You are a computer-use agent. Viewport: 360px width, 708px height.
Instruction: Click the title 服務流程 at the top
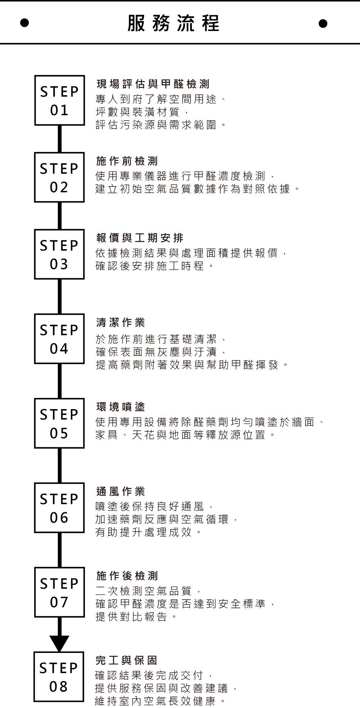pos(173,23)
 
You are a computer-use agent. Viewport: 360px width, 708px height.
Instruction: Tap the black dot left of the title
pos(24,23)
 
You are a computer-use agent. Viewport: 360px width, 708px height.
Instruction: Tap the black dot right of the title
pos(323,23)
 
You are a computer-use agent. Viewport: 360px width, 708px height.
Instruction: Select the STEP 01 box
pos(59,100)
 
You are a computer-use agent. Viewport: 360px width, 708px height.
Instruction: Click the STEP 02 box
pos(59,177)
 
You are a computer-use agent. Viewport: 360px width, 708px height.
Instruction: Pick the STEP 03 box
pos(59,254)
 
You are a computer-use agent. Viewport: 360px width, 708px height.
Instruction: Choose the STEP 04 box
pos(59,339)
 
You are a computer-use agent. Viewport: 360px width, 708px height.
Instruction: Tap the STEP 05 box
pos(59,423)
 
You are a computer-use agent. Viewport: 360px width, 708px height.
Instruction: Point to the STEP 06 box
pos(59,508)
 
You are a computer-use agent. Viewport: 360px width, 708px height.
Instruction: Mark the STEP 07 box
pos(59,592)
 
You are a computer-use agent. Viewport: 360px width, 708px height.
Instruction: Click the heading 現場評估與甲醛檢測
pos(153,84)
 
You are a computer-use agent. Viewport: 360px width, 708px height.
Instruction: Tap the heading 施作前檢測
pos(127,161)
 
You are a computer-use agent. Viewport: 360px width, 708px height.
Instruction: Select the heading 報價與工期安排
pos(140,238)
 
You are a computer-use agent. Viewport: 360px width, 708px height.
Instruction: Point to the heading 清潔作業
pos(121,322)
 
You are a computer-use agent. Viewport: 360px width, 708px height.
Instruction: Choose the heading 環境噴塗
pos(121,407)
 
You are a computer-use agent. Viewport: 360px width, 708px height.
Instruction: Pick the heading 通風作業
pos(121,491)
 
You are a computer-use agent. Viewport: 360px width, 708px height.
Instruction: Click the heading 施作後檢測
pos(127,575)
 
